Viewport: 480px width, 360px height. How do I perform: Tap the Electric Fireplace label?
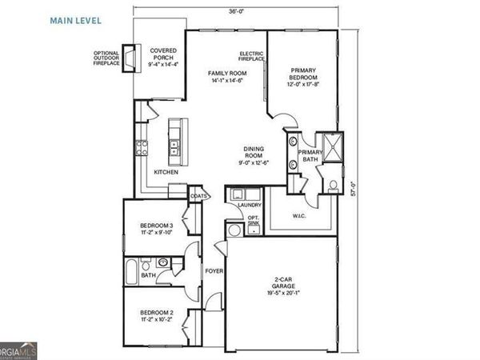coord(252,58)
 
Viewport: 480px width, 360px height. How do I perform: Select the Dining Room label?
coord(254,155)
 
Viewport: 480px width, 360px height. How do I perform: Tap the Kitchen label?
coord(166,172)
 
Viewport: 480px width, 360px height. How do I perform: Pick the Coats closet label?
coord(199,195)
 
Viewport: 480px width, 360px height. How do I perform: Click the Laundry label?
coord(245,206)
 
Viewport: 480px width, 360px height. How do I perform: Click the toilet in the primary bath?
coord(332,186)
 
